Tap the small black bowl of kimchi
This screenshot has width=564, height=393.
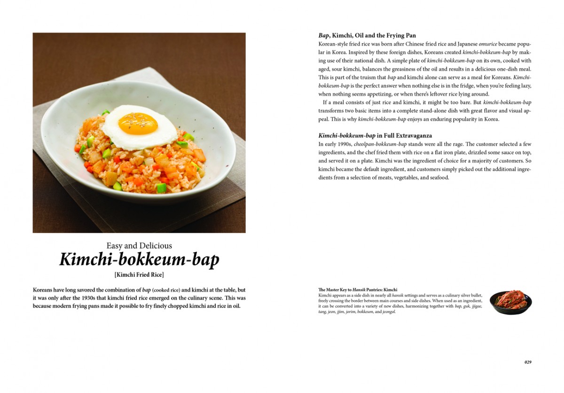coord(510,303)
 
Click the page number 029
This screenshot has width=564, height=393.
coord(528,362)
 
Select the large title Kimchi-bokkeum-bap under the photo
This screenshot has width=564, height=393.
coord(139,260)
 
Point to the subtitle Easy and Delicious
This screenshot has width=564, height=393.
coord(139,245)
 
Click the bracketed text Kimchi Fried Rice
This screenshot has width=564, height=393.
coord(139,275)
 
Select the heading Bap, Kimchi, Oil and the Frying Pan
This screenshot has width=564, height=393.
coord(367,35)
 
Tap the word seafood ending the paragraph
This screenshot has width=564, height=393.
coord(439,178)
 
